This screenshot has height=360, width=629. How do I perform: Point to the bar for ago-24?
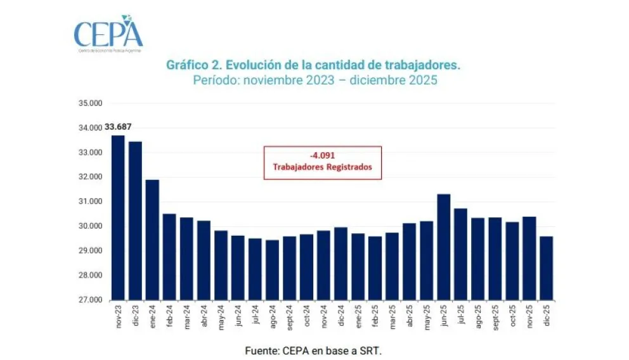pyautogui.click(x=272, y=269)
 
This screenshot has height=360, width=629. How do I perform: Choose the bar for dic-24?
pyautogui.click(x=340, y=263)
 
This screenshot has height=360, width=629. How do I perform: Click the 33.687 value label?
pyautogui.click(x=118, y=127)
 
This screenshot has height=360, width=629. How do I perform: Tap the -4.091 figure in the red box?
pyautogui.click(x=322, y=156)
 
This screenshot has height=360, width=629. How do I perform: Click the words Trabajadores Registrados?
pyautogui.click(x=322, y=168)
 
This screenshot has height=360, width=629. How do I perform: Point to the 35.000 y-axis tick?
pyautogui.click(x=88, y=103)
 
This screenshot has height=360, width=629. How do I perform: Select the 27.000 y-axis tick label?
pyautogui.click(x=88, y=300)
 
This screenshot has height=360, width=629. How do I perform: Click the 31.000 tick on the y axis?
pyautogui.click(x=88, y=202)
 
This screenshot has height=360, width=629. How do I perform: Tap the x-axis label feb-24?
pyautogui.click(x=169, y=316)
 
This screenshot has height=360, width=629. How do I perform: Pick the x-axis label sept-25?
pyautogui.click(x=495, y=317)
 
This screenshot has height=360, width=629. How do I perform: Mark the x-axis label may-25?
pyautogui.click(x=427, y=316)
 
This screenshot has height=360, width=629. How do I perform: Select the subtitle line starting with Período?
pyautogui.click(x=315, y=81)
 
